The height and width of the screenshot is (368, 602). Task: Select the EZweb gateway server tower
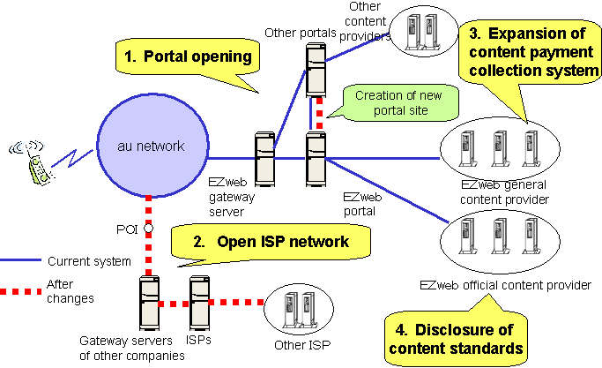click(265, 159)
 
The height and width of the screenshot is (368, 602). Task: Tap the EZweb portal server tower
click(316, 159)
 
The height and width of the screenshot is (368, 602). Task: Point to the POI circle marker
click(149, 229)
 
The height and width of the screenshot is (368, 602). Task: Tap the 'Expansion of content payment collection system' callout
click(527, 52)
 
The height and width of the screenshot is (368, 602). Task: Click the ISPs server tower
click(200, 303)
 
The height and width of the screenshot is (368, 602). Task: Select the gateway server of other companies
click(149, 303)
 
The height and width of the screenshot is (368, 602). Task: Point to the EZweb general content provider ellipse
click(500, 146)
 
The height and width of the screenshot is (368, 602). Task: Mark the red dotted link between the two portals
click(316, 113)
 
